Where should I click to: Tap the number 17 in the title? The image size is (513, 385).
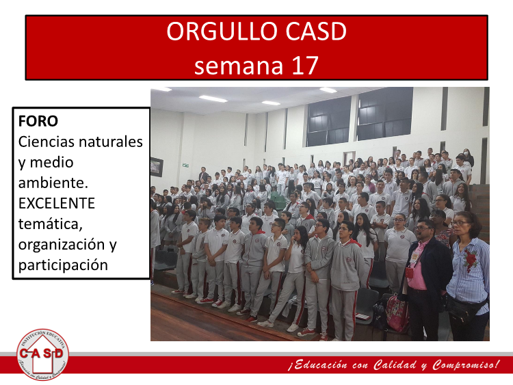point(305,65)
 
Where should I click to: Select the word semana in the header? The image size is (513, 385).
point(239,66)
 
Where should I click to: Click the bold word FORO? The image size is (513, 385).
point(38,121)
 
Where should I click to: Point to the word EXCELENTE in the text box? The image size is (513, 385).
point(57,203)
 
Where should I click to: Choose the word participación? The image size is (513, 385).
point(63,265)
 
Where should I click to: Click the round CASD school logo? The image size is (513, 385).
point(42,354)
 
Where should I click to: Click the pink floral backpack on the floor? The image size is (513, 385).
point(397,313)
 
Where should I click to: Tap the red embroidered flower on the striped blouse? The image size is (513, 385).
point(470,258)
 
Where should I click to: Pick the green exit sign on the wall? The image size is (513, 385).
point(185,165)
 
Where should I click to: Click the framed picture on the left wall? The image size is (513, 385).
point(157,167)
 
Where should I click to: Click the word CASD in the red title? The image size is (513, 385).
point(316,31)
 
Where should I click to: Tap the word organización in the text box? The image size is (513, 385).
point(62,245)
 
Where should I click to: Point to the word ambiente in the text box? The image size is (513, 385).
point(53,183)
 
